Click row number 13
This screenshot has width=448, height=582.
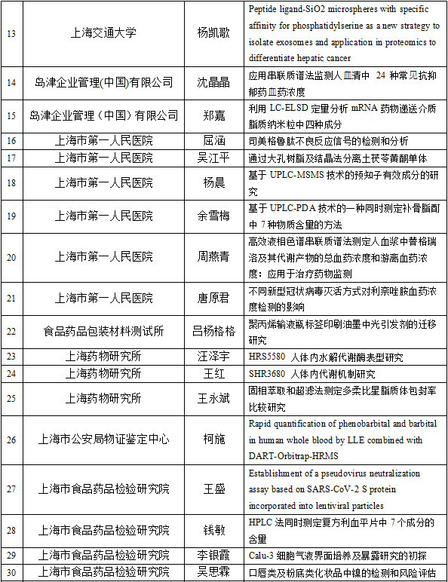[x=11, y=33]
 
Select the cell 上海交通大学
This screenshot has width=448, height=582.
[x=104, y=33]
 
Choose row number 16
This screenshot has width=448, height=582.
[x=11, y=140]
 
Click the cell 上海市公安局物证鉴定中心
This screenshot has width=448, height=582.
[x=104, y=439]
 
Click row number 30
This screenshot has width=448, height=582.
[x=11, y=572]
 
